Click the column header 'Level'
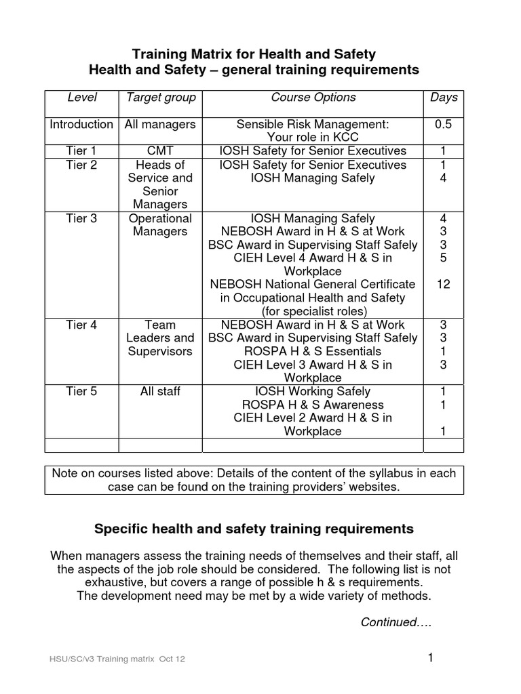(x=81, y=98)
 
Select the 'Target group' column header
(x=161, y=98)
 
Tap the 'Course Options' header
(x=313, y=98)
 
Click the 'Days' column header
(x=444, y=98)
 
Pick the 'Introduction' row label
(x=81, y=125)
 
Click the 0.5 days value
(x=444, y=125)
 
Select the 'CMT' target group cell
(x=161, y=150)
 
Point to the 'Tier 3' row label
(x=81, y=218)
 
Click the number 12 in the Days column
(x=444, y=285)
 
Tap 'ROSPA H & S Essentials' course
(x=313, y=351)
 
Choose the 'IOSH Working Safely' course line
(x=313, y=392)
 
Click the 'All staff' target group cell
(x=161, y=392)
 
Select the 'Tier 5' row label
(x=81, y=392)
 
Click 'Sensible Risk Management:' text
(x=313, y=125)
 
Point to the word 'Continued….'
(x=396, y=622)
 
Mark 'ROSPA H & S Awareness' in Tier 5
(x=313, y=405)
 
